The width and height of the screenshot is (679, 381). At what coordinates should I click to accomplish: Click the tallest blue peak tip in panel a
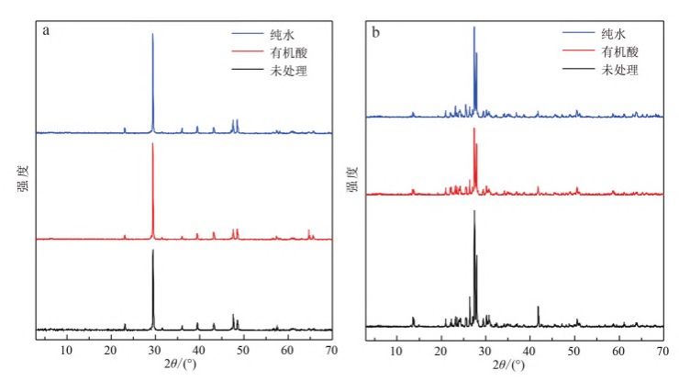pos(152,34)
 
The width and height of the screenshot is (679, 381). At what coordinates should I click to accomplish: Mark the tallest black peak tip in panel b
pos(474,212)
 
